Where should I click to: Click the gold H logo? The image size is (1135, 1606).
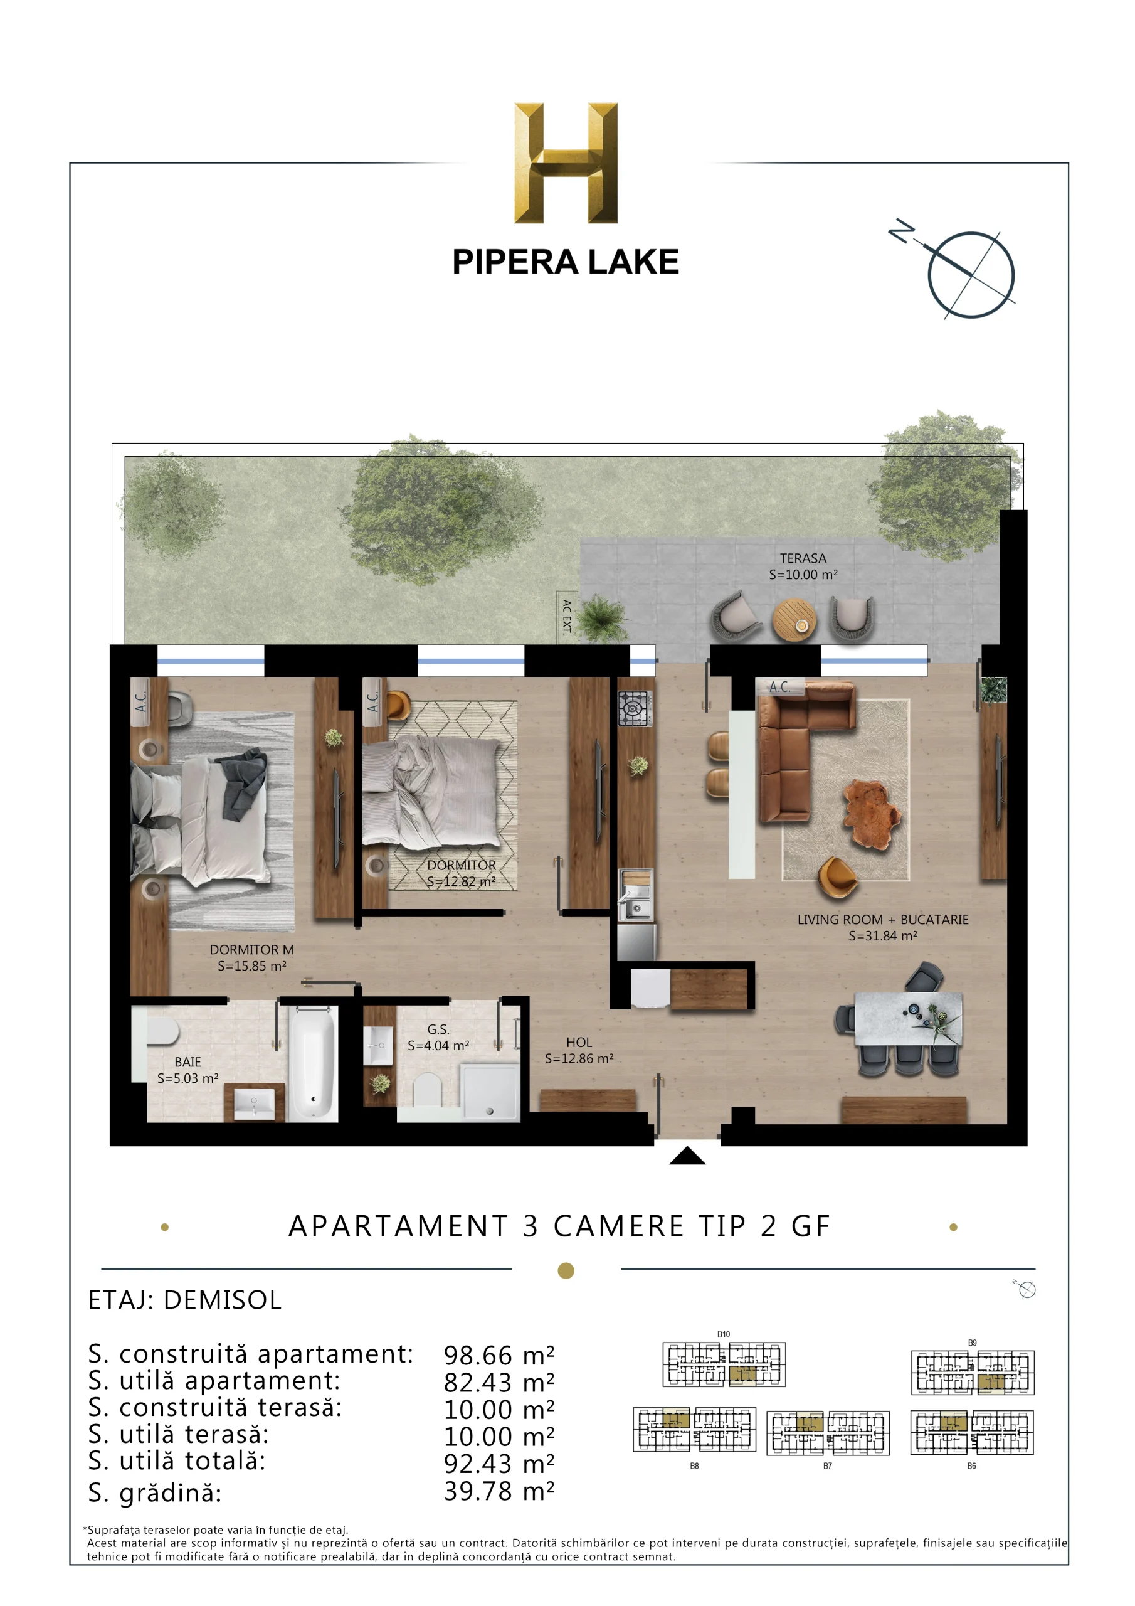[x=566, y=162]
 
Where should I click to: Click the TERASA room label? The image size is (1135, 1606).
[x=803, y=558]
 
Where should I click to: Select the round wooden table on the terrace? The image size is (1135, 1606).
[x=794, y=619]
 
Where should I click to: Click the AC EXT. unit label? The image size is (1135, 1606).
[x=566, y=616]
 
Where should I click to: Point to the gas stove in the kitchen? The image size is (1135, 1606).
[x=635, y=708]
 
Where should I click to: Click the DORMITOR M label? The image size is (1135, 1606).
[x=251, y=949]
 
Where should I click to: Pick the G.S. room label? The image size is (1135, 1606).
[x=438, y=1029]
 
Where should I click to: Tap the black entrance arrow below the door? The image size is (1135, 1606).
[x=687, y=1156]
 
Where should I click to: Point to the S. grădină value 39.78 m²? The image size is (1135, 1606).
[x=499, y=1491]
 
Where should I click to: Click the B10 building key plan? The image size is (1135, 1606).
[x=724, y=1363]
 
